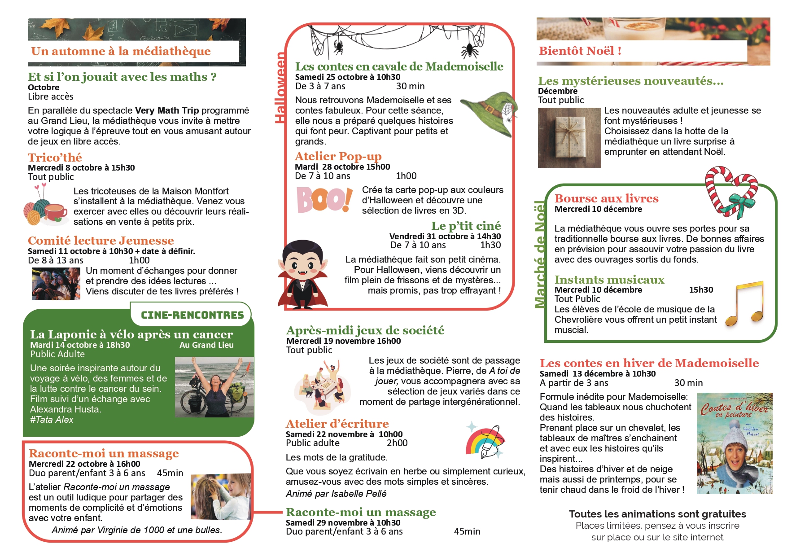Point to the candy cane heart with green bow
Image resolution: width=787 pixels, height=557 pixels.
(731, 192)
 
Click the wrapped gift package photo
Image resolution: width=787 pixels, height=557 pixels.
(569, 138)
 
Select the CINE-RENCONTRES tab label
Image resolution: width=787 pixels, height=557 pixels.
(192, 315)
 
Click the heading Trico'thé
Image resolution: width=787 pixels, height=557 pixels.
(55, 158)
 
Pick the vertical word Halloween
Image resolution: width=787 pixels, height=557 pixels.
(280, 88)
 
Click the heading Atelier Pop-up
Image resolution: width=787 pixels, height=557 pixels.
(338, 156)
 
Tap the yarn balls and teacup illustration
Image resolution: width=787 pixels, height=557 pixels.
(45, 207)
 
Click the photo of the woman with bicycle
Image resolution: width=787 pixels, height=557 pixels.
(214, 387)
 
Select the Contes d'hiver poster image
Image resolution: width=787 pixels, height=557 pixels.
(734, 443)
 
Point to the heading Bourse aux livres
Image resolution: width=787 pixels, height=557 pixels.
(606, 198)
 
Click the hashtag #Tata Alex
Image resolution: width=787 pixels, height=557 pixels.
(52, 420)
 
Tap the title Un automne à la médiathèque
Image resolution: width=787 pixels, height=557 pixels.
(121, 51)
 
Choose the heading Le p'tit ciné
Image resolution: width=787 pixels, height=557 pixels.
(466, 226)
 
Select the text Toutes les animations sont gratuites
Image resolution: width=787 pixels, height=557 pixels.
(657, 514)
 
